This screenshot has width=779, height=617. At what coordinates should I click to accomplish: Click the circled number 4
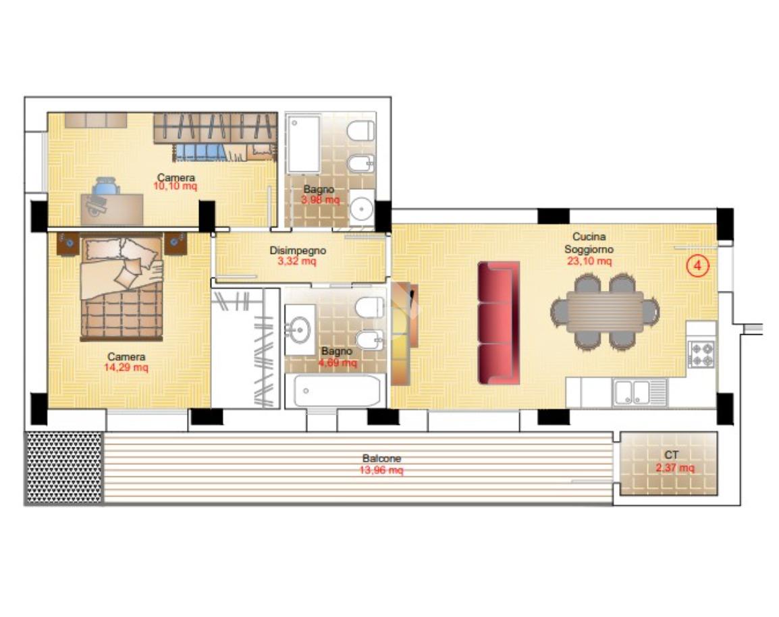697,266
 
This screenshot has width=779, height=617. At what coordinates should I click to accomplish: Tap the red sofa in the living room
499,323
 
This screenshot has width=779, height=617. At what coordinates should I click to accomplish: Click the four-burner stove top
702,354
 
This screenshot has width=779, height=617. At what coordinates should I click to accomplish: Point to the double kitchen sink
633,392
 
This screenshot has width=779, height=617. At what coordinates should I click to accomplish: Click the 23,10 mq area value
589,261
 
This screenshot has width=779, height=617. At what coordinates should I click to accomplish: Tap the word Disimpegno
298,250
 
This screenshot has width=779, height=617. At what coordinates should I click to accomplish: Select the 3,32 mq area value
296,261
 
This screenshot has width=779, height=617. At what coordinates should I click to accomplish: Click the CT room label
671,454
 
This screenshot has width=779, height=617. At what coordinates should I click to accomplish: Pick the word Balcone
381,458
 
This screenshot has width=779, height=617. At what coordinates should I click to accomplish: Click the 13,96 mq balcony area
381,470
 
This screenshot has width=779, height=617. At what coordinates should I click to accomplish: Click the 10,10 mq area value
175,186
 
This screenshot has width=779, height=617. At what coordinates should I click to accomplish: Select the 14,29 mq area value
126,368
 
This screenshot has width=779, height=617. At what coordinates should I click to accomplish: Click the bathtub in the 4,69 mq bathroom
335,391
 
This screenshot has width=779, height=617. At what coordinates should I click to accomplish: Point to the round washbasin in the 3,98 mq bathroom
362,208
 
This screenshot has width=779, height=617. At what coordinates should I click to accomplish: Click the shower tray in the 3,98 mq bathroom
304,144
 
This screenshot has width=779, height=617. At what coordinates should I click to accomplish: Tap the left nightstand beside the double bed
68,243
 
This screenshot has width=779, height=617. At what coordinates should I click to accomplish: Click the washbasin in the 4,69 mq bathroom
300,329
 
